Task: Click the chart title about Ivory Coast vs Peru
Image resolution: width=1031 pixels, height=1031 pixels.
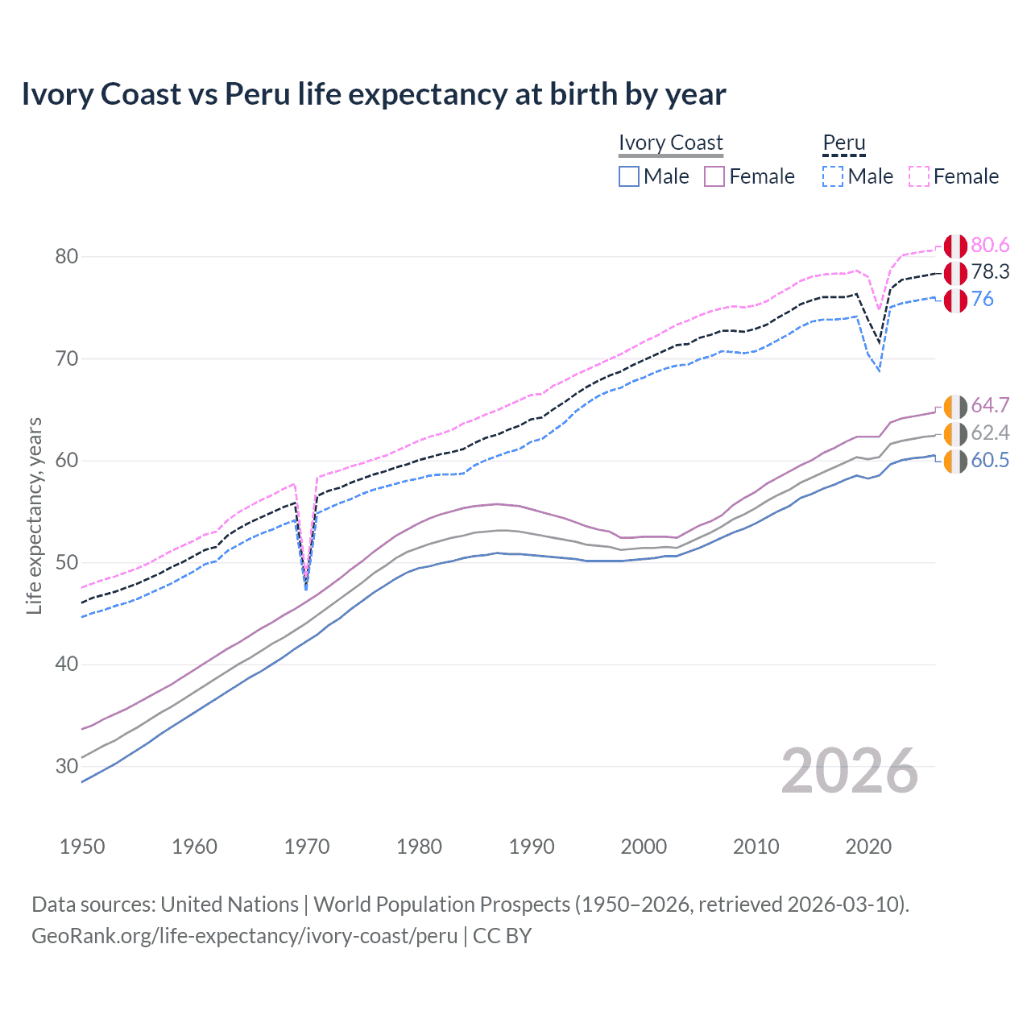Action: point(374,94)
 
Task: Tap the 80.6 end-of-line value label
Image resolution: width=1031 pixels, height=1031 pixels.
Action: point(990,246)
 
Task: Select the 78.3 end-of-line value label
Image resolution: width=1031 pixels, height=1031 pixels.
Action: point(990,272)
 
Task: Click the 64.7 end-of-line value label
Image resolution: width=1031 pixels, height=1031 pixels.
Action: point(990,405)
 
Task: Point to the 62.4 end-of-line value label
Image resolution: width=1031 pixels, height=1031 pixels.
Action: point(990,433)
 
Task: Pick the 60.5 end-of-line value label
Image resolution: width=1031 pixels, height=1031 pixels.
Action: point(990,461)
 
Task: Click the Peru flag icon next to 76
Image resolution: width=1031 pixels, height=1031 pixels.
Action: point(955,300)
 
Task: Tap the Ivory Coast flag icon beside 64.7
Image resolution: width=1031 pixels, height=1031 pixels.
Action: point(955,408)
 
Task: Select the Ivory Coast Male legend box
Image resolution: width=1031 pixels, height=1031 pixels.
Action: point(629,176)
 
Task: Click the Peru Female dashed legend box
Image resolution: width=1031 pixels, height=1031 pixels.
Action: point(919,176)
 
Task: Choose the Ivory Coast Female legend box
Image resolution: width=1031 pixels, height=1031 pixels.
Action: point(714,176)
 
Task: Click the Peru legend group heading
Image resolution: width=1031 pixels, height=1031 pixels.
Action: point(843,143)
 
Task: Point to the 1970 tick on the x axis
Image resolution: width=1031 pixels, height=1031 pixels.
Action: point(307,847)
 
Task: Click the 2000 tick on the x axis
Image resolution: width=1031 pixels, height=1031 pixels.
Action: point(644,847)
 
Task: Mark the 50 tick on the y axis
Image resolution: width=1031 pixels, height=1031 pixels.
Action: point(67,562)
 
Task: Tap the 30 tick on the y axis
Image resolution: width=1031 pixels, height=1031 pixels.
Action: point(67,766)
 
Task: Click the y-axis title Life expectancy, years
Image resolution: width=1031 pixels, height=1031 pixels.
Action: point(34,515)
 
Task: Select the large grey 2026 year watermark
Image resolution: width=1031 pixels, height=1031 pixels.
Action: point(850,772)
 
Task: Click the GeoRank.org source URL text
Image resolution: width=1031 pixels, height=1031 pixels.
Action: point(244,936)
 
